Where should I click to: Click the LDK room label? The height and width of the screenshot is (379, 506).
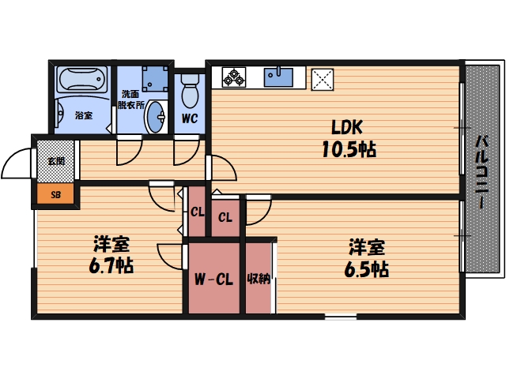click(x=346, y=126)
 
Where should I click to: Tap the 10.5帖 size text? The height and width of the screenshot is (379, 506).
click(x=347, y=148)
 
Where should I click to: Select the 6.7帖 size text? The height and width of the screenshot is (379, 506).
click(x=111, y=265)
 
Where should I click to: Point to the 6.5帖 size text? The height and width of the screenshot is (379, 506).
click(x=364, y=268)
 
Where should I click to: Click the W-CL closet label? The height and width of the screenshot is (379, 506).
click(x=213, y=279)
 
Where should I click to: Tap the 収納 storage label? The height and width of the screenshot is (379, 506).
click(x=259, y=279)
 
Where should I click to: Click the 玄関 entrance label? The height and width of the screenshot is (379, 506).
click(x=55, y=162)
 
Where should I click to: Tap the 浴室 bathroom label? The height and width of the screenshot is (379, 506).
click(x=83, y=116)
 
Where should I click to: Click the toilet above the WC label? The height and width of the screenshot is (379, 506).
click(x=189, y=94)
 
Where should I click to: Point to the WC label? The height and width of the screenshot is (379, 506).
click(x=189, y=119)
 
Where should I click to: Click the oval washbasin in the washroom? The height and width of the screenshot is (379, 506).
click(x=157, y=117)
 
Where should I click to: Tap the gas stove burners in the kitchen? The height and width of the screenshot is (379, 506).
click(x=234, y=77)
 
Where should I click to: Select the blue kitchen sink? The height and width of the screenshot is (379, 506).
click(x=279, y=77)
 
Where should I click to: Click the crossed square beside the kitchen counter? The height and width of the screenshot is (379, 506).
click(x=323, y=77)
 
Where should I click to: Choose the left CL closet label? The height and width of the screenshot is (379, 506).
click(x=197, y=212)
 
